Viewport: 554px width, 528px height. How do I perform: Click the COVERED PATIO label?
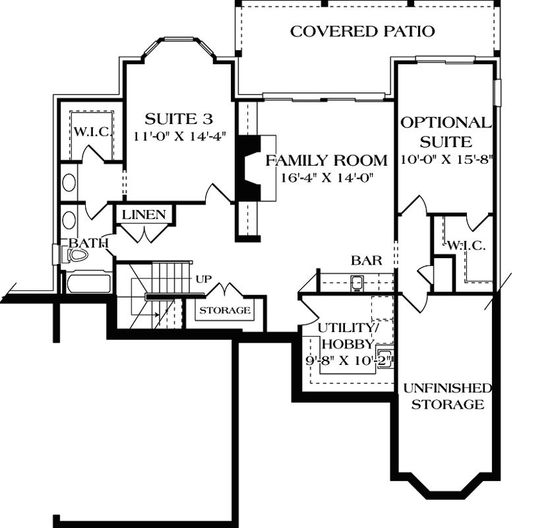tap(362, 30)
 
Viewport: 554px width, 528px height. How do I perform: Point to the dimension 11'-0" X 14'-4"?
tap(179, 137)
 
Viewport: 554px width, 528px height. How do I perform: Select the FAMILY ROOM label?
tap(326, 160)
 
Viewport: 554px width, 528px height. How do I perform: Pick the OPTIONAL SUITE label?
tap(446, 131)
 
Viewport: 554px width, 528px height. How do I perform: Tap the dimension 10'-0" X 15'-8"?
tap(447, 159)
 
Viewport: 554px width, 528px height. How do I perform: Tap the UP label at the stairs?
tap(202, 279)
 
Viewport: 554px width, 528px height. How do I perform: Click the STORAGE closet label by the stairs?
tap(225, 310)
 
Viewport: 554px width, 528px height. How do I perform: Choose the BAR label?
tap(366, 261)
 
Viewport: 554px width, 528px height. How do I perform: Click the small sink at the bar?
tap(356, 284)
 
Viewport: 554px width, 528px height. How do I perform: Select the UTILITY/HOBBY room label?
tap(346, 336)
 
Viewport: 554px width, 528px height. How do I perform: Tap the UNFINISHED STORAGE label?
tap(448, 396)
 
